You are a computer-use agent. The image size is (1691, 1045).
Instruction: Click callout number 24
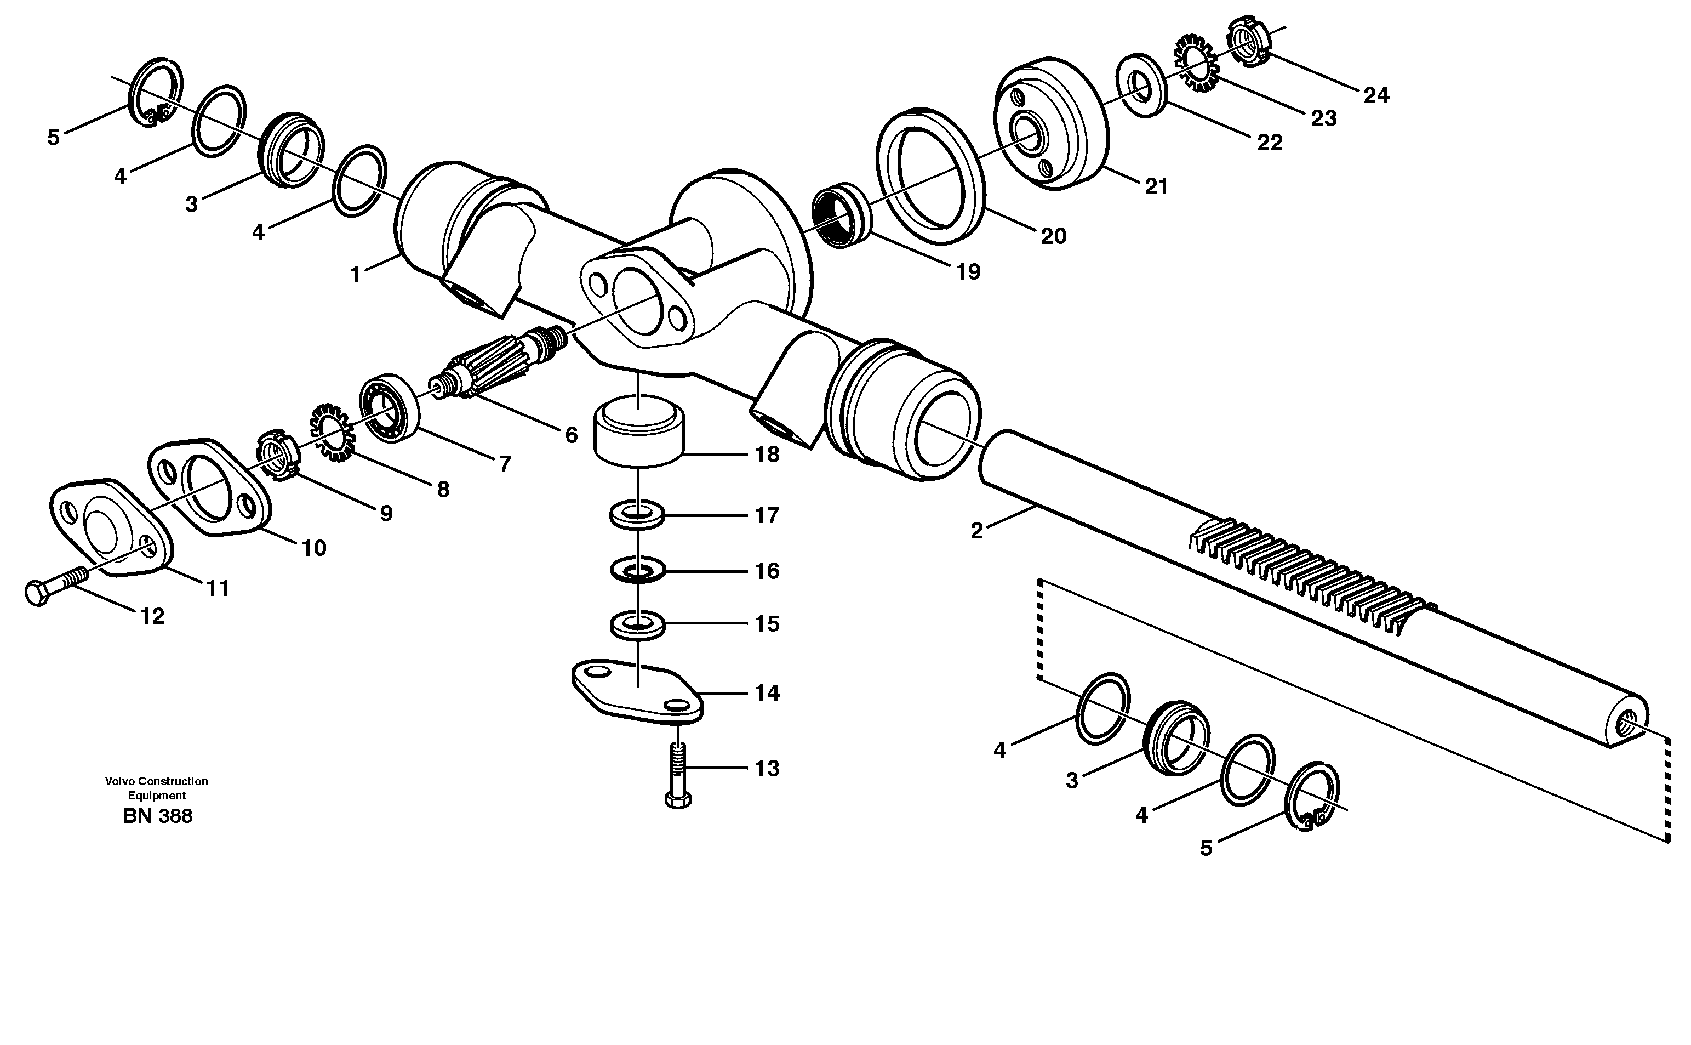point(1375,95)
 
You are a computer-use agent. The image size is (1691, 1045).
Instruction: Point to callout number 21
point(1156,186)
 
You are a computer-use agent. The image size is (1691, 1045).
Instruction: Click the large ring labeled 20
point(930,176)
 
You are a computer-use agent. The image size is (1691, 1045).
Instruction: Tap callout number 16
point(767,571)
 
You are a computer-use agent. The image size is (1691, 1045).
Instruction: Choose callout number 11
point(218,589)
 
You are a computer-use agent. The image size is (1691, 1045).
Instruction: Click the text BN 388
point(157,816)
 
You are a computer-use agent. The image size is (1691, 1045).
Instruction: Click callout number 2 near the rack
point(976,531)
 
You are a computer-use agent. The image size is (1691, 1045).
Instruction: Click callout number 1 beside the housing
point(355,276)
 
